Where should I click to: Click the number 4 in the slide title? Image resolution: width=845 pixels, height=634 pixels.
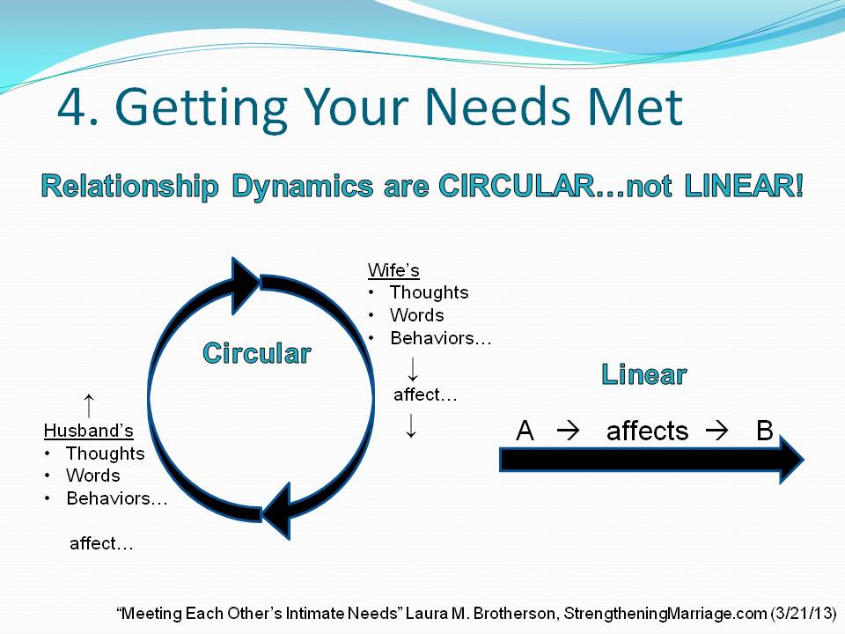point(71,107)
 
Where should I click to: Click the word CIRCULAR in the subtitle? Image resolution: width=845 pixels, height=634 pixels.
point(517,186)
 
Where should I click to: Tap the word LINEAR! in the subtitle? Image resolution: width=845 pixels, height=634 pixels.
point(744,186)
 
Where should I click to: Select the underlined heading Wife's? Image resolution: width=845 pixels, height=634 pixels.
point(393,270)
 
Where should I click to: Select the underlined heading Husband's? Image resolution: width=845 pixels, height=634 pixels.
point(88,431)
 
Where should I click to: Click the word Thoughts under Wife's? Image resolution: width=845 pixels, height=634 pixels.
point(429,292)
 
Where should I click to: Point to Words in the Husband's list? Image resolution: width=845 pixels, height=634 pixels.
point(92,475)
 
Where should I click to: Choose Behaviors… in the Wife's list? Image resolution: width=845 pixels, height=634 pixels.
point(441,338)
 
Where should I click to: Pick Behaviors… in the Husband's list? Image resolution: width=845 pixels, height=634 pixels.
point(117,498)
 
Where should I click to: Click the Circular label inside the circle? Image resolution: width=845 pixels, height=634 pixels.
point(257,354)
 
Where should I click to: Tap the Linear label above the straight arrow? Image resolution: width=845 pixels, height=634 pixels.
point(644,374)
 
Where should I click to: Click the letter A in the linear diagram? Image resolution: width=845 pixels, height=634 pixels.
point(525,431)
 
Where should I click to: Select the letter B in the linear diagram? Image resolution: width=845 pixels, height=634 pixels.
point(765,431)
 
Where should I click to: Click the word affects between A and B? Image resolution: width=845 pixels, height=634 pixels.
point(647,431)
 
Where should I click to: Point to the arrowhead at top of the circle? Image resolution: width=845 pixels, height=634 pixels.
point(246,285)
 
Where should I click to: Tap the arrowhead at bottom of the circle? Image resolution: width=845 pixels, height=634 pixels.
point(277,511)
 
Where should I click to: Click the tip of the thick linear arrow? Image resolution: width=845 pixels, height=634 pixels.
point(804,460)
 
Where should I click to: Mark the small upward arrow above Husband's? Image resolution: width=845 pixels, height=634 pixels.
point(89,405)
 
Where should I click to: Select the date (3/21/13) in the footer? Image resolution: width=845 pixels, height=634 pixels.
point(803,614)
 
